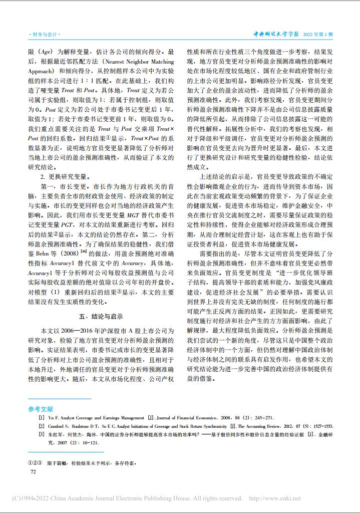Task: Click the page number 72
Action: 34,471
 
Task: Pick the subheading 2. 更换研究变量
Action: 65,176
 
